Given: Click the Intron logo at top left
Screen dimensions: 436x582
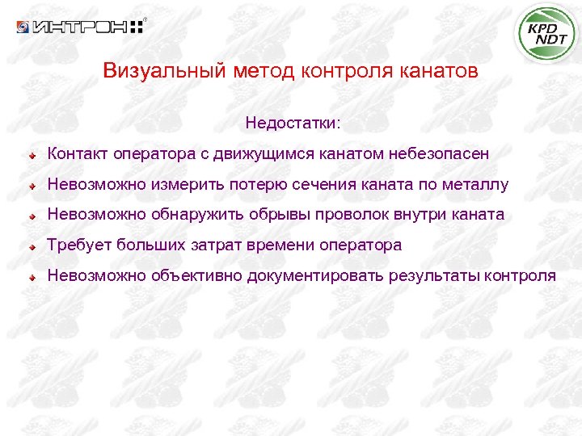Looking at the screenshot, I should tap(80, 27).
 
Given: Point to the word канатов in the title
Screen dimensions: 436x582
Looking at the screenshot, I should tap(440, 71).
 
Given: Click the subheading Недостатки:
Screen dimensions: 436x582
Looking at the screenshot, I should tap(293, 124).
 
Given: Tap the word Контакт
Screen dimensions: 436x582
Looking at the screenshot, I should tap(78, 153).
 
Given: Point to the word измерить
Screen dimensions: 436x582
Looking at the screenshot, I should tap(179, 185).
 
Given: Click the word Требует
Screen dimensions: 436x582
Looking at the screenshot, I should tap(79, 245).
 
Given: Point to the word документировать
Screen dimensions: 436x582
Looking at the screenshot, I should tap(315, 276).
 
